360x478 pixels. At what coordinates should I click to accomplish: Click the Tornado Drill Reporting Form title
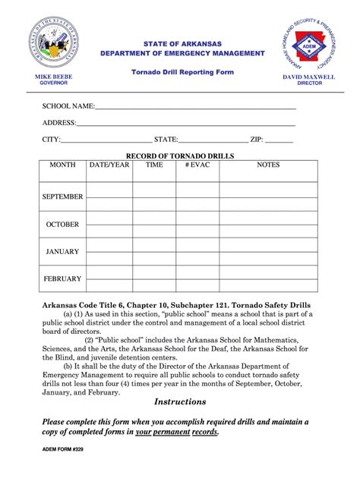coord(182,72)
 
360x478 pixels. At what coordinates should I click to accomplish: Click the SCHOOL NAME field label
coord(68,106)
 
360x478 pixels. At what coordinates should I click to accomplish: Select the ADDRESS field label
coord(59,122)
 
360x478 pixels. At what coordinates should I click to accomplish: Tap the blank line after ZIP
coord(279,140)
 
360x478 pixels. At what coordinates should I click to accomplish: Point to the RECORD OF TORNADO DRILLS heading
coord(180,156)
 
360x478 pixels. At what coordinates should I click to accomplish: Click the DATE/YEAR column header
coord(109,165)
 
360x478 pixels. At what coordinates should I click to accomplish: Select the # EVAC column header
coord(197,165)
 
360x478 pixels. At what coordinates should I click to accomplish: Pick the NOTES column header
coord(268,165)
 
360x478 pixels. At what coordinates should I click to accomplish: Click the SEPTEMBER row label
coord(62,197)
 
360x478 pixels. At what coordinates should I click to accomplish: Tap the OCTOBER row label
coord(62,225)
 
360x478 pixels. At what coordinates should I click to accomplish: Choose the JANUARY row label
coord(62,251)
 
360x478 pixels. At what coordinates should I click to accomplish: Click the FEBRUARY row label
coord(62,278)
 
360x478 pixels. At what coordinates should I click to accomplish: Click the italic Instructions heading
coord(180,401)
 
